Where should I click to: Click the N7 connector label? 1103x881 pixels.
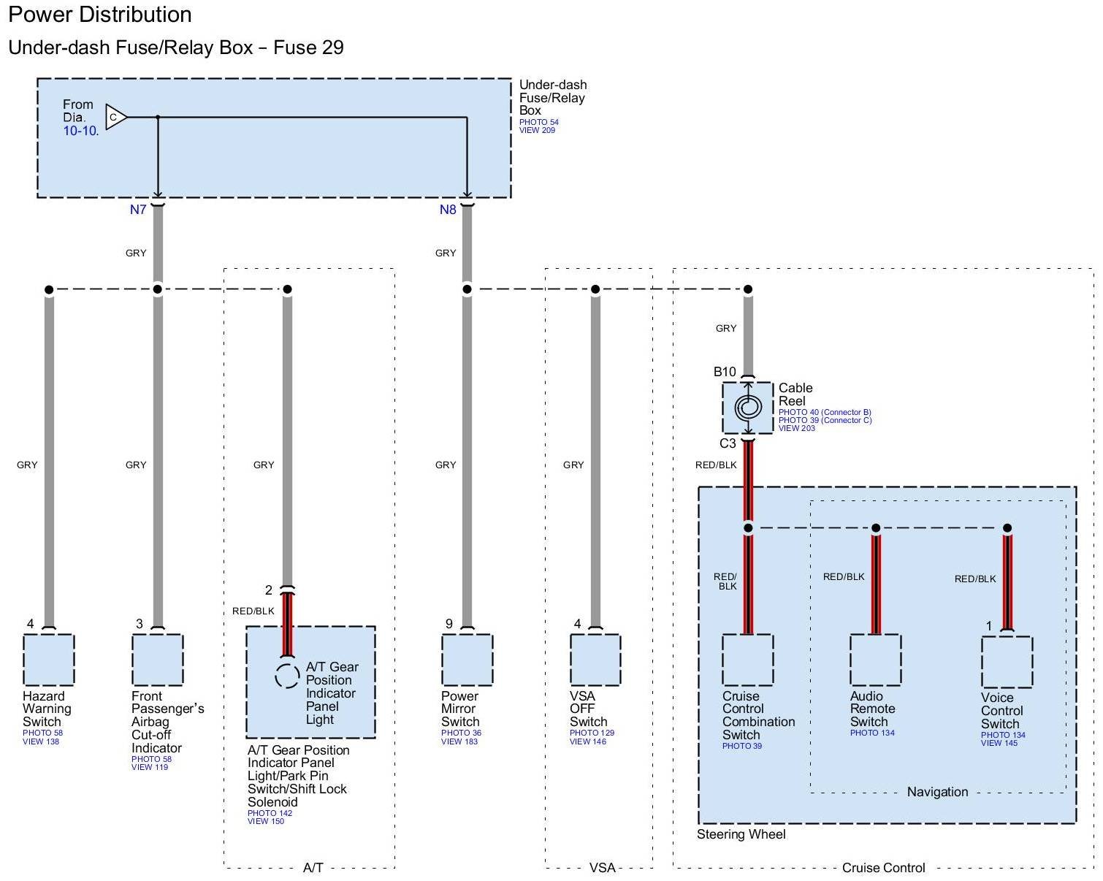click(138, 210)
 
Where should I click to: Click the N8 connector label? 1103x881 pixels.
click(448, 210)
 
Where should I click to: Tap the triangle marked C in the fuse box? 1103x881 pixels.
click(116, 117)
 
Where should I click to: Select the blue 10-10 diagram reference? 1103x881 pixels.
click(80, 131)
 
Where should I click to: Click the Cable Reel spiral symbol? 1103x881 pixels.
click(748, 408)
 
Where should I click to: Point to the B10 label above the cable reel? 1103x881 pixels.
click(724, 372)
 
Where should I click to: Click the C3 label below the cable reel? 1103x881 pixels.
click(728, 443)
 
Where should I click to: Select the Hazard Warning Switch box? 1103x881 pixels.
click(49, 660)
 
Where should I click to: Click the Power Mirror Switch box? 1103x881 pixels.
click(467, 660)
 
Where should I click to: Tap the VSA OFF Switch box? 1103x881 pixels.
click(595, 660)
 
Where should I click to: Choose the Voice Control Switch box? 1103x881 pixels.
click(1007, 662)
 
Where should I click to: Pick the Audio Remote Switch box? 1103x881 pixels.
click(875, 660)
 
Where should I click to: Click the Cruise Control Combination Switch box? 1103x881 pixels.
click(748, 660)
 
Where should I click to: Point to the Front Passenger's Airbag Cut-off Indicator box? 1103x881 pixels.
click(157, 660)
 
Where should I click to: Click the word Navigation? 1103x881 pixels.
click(937, 792)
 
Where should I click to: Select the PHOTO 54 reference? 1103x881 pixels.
click(538, 122)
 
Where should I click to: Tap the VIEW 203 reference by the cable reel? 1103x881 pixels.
click(796, 429)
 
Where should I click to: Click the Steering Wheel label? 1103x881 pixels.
click(741, 834)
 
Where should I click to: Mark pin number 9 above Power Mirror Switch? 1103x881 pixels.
click(449, 624)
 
